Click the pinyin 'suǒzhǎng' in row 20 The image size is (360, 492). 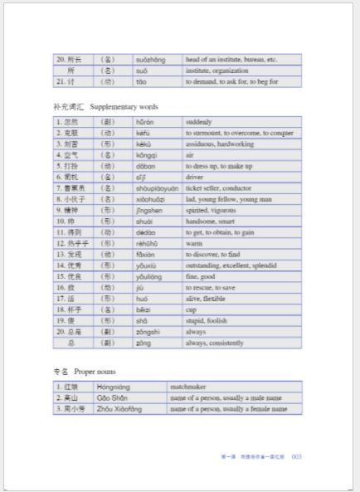[150, 60]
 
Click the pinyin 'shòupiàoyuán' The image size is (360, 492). [157, 188]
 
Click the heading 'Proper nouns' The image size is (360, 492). [95, 372]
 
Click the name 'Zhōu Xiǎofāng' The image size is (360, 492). [119, 409]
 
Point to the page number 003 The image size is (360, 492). [296, 456]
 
